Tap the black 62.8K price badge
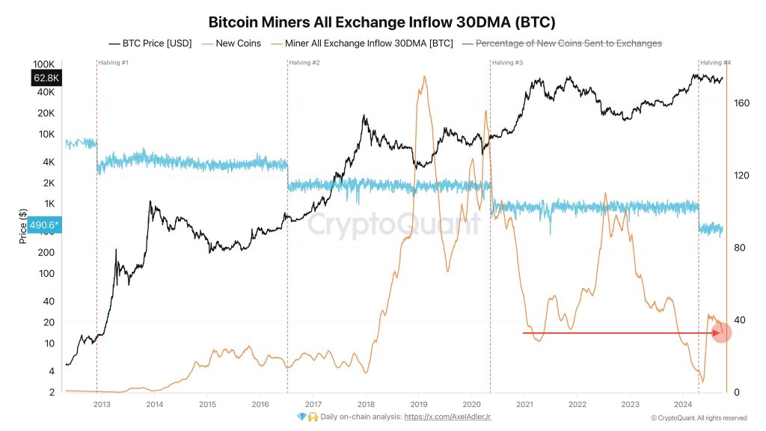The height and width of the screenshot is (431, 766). point(45,78)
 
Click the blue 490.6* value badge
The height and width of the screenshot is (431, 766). point(45,224)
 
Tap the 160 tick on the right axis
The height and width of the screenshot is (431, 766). point(742,103)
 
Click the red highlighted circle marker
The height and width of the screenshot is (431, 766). point(720,331)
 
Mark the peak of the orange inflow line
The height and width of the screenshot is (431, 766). point(425,76)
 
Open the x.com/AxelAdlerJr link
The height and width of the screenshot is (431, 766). point(447,417)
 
